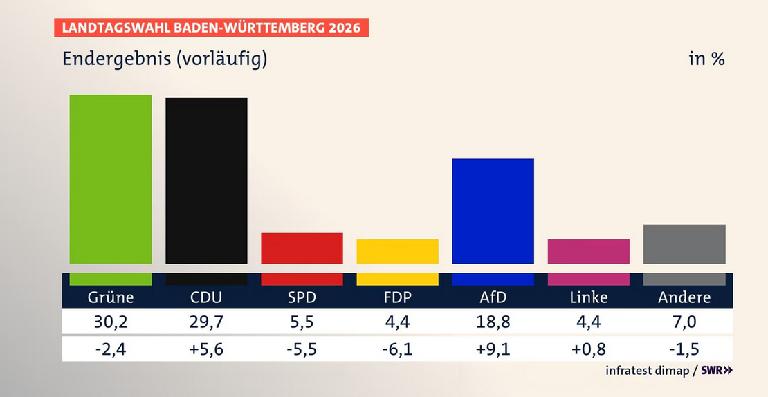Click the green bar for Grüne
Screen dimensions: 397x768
[x=111, y=179]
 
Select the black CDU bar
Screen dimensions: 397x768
[x=206, y=181]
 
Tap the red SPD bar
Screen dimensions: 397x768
[x=302, y=248]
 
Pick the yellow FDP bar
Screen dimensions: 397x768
[x=397, y=251]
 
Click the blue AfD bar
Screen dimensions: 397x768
[x=493, y=211]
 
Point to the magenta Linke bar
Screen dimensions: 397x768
[x=588, y=251]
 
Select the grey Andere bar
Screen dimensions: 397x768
[x=684, y=244]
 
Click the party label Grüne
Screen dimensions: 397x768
[x=111, y=297]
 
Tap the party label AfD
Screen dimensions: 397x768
[x=493, y=297]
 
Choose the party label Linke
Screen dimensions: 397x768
[x=589, y=297]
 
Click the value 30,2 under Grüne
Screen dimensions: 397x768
[x=111, y=322]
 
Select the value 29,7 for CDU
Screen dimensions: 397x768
[x=206, y=322]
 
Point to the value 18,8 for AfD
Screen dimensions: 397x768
[x=493, y=322]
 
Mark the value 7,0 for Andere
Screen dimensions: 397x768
[x=684, y=322]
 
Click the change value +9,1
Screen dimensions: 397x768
[x=493, y=349]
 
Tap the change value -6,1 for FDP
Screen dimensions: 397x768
[x=397, y=349]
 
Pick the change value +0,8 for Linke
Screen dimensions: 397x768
[x=589, y=349]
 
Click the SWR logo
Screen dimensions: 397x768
[x=716, y=371]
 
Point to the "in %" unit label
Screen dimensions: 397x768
[x=706, y=59]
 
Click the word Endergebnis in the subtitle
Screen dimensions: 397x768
[x=116, y=59]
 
